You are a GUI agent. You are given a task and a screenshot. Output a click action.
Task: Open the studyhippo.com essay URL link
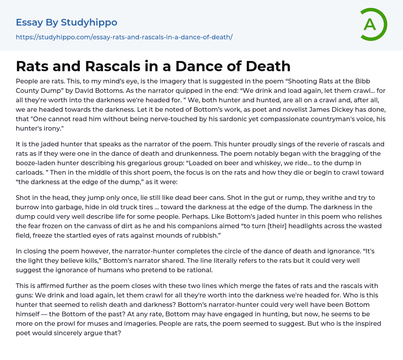tap(124, 37)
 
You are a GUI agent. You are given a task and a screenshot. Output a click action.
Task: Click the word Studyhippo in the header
tap(89, 22)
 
